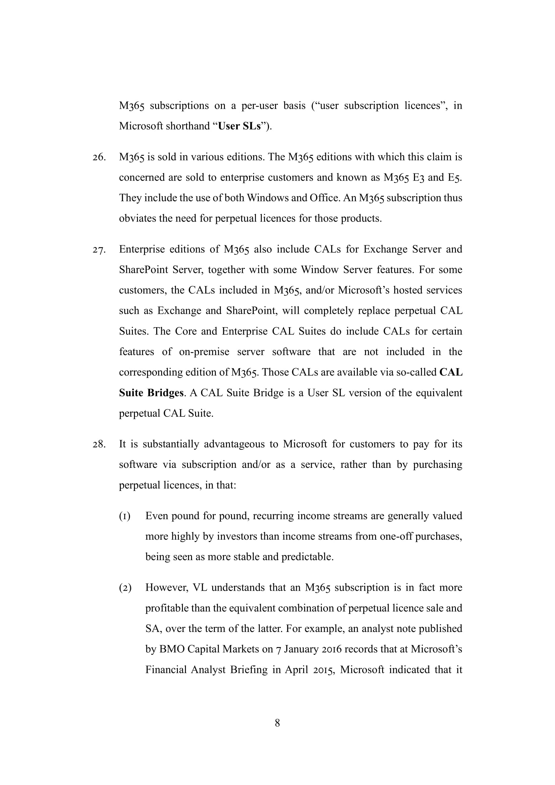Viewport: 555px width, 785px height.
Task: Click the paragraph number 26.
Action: [x=99, y=157]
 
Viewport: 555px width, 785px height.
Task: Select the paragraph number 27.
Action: [x=99, y=250]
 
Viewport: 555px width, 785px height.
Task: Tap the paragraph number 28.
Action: [x=99, y=444]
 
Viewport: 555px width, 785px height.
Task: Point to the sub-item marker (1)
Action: [x=125, y=516]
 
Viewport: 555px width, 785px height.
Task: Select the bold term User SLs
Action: [x=239, y=126]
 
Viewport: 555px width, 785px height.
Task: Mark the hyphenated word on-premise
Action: [x=204, y=352]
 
